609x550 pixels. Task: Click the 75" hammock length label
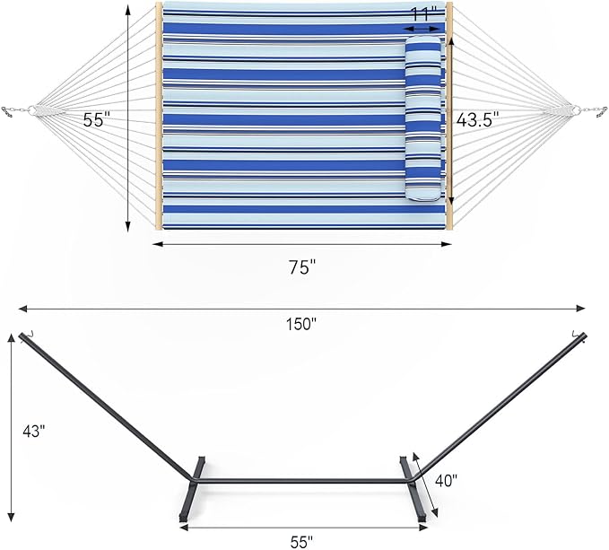coord(302,266)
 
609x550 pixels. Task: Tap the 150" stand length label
coord(302,324)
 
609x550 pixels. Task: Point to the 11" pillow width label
coord(422,14)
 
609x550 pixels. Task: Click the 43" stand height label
coord(33,431)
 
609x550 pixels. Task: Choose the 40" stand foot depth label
coord(446,480)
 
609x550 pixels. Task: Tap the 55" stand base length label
coord(301,541)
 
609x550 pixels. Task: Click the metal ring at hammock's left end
coord(31,110)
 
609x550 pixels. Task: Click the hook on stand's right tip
coord(578,335)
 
